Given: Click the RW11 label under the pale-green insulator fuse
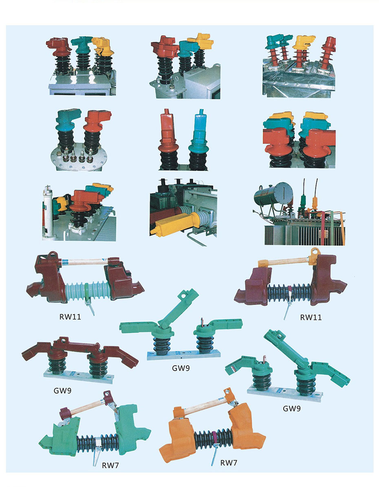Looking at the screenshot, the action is click(70, 317).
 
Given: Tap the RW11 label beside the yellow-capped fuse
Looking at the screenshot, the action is click(311, 317).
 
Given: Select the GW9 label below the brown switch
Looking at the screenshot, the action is click(62, 390).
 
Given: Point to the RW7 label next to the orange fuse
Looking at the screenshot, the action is click(229, 463).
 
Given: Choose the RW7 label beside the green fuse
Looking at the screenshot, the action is click(110, 465).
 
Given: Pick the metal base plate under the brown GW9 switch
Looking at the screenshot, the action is click(78, 375).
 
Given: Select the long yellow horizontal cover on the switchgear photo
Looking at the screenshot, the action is click(174, 223).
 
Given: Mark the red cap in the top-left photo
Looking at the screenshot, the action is click(59, 46).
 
